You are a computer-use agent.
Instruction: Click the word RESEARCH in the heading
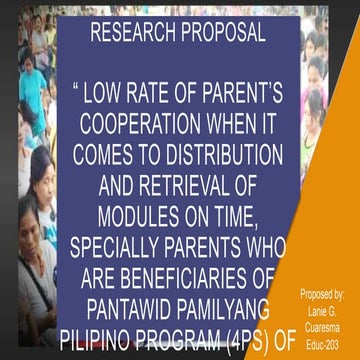[132, 34]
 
